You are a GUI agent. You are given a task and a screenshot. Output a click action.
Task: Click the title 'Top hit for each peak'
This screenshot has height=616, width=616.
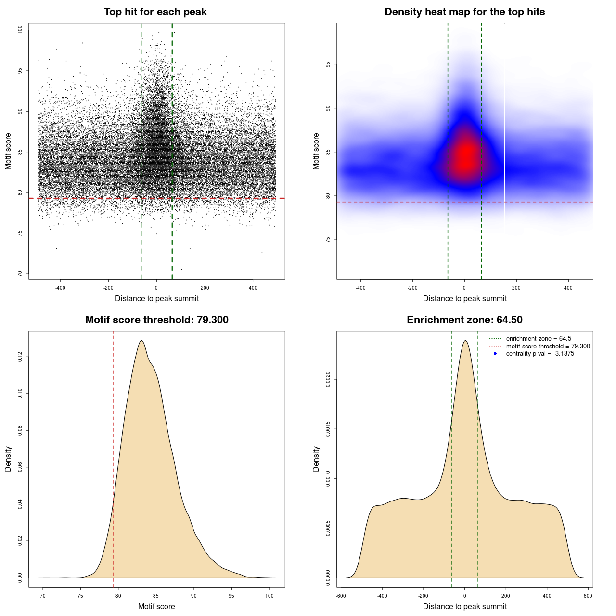coord(155,12)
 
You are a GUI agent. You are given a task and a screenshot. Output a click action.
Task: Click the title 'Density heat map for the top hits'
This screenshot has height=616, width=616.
coord(464,12)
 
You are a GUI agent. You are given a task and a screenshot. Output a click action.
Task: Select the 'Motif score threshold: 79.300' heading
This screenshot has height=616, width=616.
coord(156,320)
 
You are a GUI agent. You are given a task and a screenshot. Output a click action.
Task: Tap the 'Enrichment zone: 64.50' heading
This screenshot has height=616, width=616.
coord(464,320)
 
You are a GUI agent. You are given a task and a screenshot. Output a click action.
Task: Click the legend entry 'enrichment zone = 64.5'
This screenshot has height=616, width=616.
coord(539,339)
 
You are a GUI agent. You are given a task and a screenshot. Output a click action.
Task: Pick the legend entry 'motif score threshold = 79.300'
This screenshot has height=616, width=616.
coord(548,346)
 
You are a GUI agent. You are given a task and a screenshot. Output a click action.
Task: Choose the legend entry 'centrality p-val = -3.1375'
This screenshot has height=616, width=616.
coord(540,354)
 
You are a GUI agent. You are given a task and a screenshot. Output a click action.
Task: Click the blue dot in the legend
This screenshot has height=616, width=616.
coord(495,354)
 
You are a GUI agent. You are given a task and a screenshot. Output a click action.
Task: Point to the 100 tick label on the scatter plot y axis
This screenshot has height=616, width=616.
coord(20,30)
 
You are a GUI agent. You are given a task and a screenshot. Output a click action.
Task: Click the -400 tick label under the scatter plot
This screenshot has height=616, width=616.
coord(60,288)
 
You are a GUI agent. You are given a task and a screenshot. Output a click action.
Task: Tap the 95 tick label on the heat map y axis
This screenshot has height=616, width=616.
coord(328,64)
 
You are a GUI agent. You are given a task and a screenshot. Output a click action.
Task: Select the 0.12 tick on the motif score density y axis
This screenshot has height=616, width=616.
coord(20,357)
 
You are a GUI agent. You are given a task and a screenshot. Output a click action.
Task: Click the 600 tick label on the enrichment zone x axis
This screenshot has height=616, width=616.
coord(588,596)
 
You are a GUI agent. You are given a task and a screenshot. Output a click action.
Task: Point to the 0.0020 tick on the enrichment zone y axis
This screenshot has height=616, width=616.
coord(328,379)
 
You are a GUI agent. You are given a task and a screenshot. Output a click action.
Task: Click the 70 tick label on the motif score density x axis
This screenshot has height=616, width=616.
coord(43,596)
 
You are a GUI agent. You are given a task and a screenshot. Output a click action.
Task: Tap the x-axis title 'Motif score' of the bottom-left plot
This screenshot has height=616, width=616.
coord(156,607)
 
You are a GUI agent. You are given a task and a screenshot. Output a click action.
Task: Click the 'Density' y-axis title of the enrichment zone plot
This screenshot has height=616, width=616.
coord(316,459)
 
